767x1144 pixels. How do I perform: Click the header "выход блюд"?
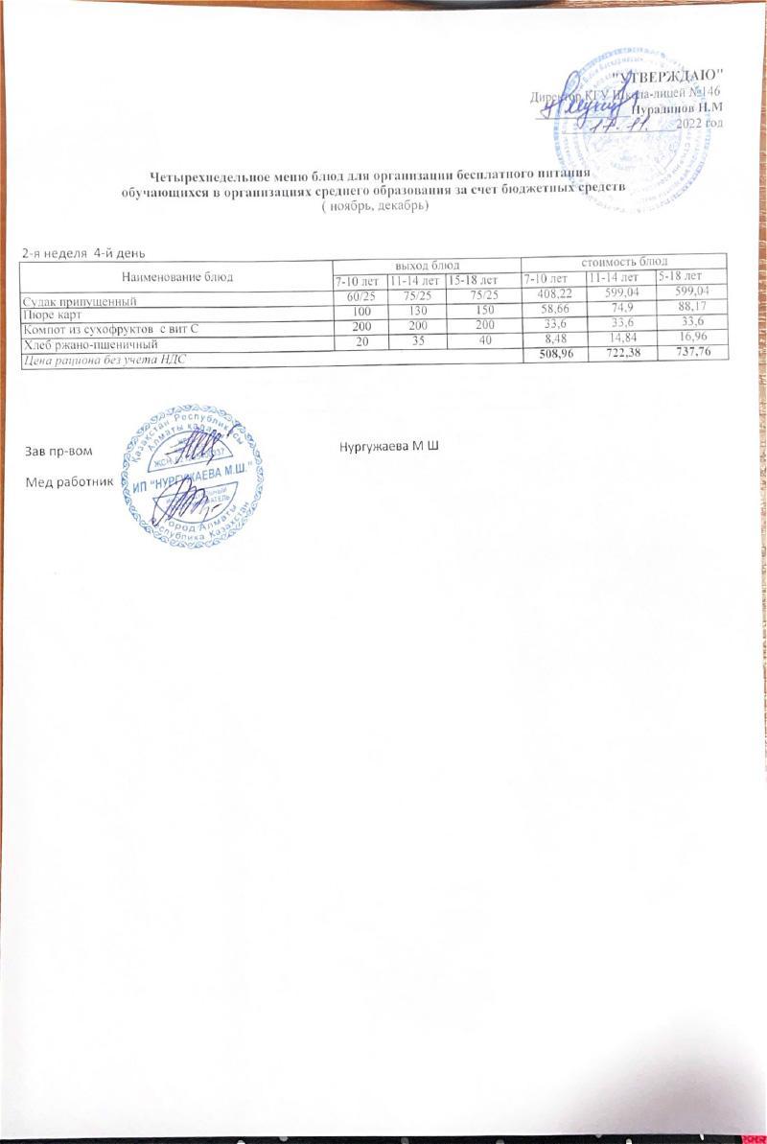426,263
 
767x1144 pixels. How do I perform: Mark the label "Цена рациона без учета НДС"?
105,358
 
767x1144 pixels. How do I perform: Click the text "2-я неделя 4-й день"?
83,252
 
